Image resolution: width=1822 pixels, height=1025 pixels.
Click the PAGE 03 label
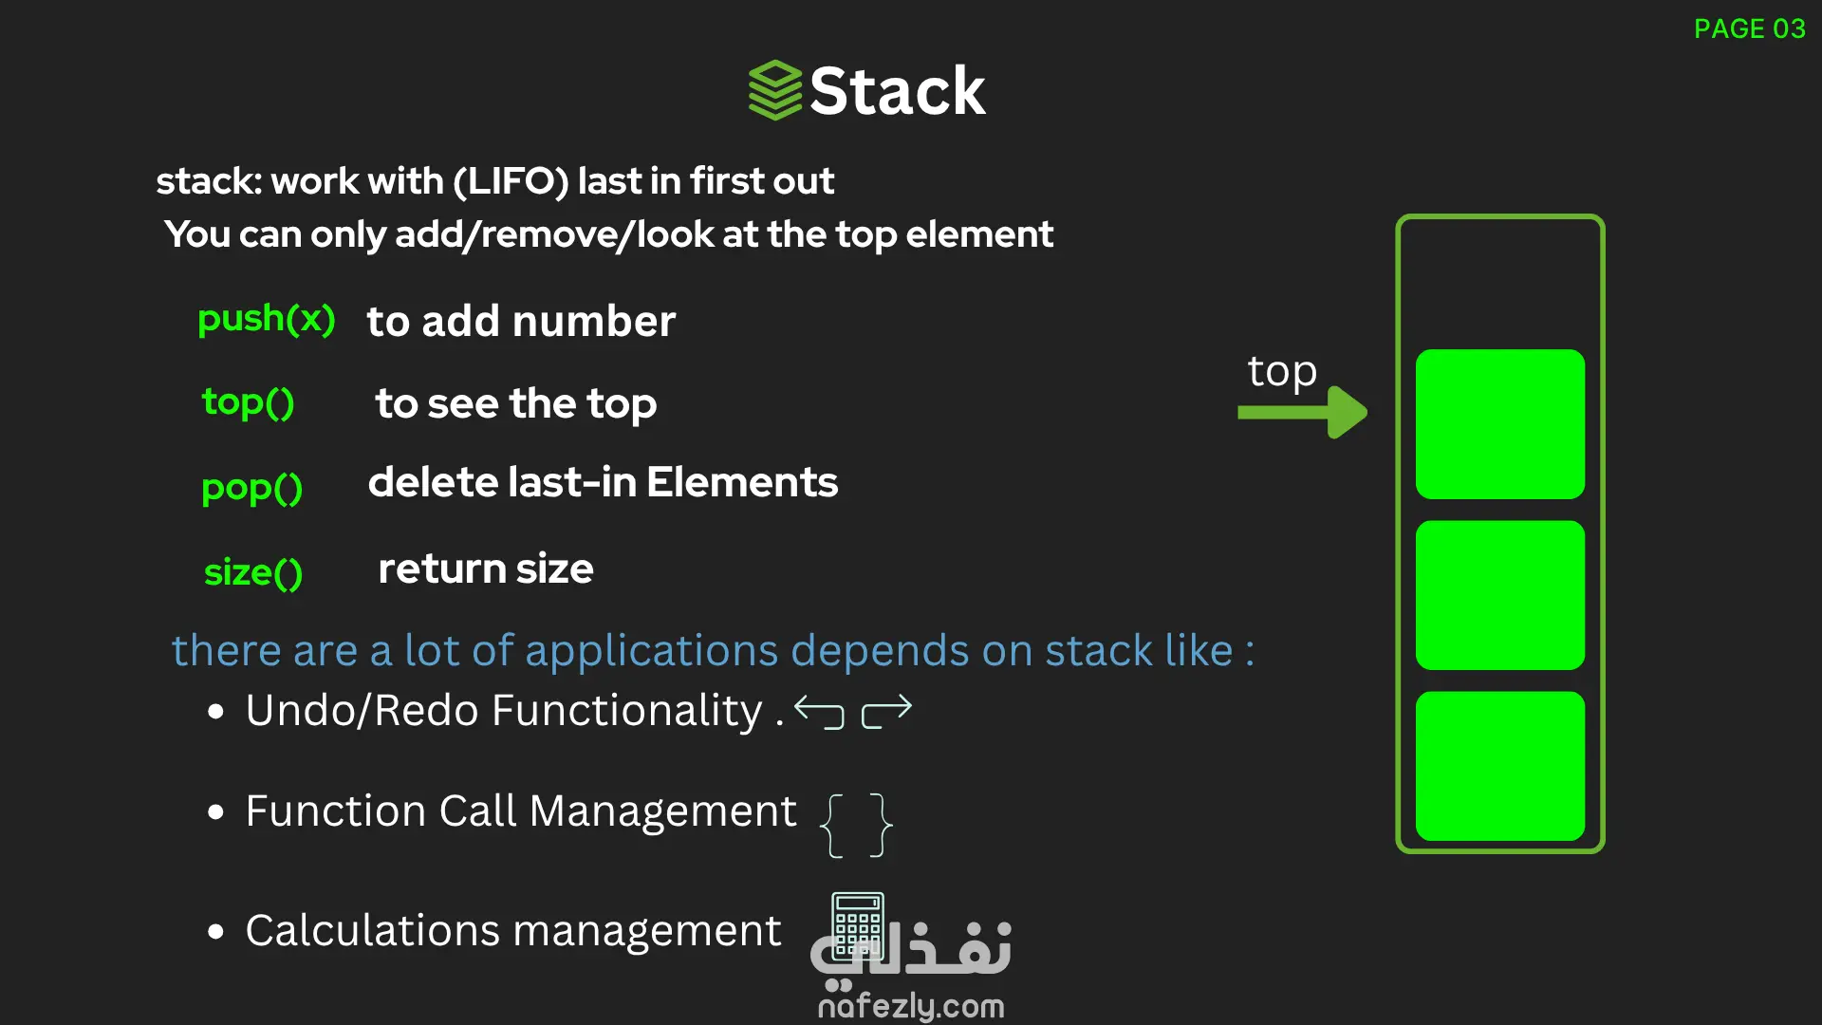1749,29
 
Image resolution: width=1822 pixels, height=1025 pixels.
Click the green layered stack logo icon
775,90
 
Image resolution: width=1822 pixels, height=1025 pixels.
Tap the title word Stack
897,92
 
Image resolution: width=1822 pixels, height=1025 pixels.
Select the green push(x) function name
267,320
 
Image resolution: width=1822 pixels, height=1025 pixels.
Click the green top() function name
249,403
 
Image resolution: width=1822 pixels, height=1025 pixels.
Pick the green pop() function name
252,488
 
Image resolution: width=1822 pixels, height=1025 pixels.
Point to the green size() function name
253,572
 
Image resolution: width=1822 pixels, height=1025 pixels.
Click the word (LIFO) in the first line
511,181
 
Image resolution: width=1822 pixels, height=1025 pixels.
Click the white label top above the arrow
1282,371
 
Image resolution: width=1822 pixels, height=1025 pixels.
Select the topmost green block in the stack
1499,424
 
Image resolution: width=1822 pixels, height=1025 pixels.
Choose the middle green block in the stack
1499,595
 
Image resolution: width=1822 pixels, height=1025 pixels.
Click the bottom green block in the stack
1499,766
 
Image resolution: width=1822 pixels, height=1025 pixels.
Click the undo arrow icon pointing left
819,711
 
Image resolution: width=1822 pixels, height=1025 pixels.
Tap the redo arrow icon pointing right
886,711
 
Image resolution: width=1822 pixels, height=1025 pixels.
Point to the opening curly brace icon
832,825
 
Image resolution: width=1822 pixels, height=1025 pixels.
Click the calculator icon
858,925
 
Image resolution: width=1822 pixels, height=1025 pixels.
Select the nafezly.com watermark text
911,1006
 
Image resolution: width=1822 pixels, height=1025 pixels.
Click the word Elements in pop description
742,482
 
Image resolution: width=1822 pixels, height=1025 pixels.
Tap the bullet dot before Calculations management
216,931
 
